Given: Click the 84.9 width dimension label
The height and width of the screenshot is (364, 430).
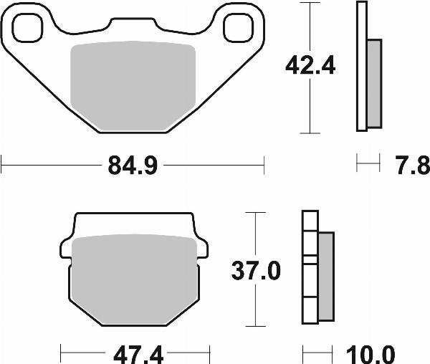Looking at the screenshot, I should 133,166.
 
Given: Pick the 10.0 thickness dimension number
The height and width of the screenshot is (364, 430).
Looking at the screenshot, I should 373,353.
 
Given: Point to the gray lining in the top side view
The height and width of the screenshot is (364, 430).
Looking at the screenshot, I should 373,82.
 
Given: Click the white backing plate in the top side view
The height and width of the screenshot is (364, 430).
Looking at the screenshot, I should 361,66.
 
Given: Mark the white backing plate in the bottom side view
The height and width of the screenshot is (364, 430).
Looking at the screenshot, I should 310,269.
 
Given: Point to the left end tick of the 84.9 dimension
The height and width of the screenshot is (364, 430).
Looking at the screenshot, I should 2,166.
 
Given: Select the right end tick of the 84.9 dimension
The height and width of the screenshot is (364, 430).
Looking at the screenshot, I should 264,166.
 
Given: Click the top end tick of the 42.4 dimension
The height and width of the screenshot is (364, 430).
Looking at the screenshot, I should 308,3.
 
